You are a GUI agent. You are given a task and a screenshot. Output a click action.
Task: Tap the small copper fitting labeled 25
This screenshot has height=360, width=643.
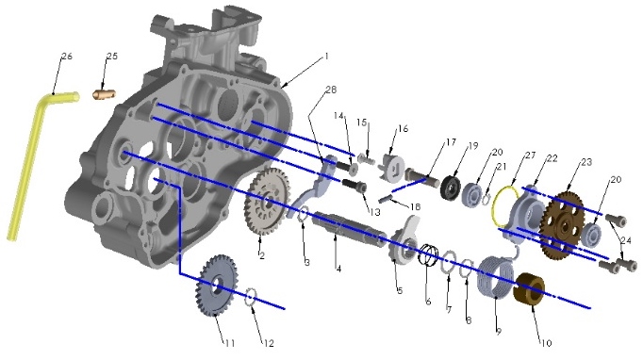(104, 94)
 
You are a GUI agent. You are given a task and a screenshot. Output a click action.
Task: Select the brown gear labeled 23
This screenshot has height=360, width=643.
(563, 225)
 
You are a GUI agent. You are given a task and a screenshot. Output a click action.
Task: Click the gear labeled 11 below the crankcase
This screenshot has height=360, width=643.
(218, 286)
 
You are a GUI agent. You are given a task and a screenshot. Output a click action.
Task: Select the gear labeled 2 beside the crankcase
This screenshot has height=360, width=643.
(267, 202)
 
